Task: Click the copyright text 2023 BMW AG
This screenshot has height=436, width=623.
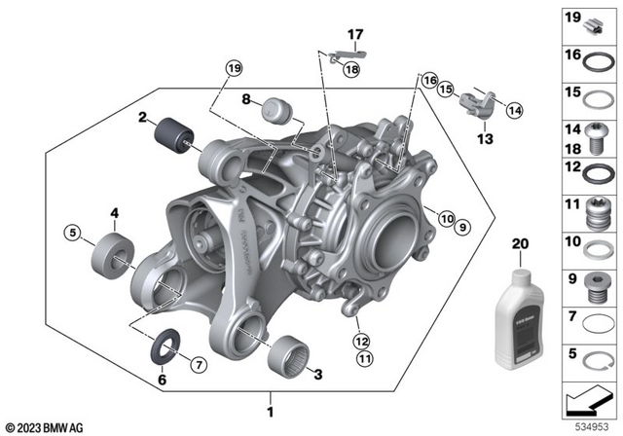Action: click(46, 426)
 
